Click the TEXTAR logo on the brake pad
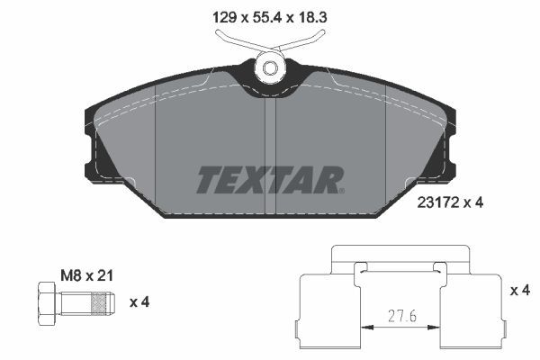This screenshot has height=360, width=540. (268, 179)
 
